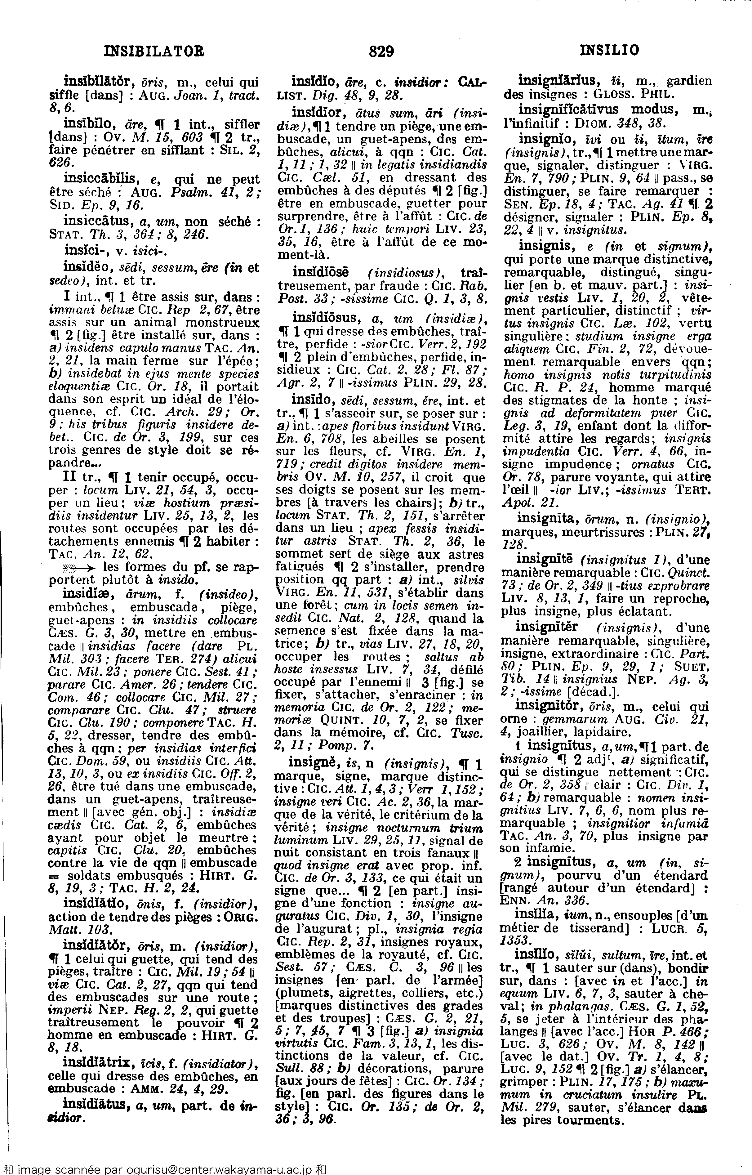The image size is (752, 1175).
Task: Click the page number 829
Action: click(x=381, y=51)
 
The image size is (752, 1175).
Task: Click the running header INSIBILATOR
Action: click(x=155, y=50)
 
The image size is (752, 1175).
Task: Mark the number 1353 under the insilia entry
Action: click(x=516, y=940)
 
